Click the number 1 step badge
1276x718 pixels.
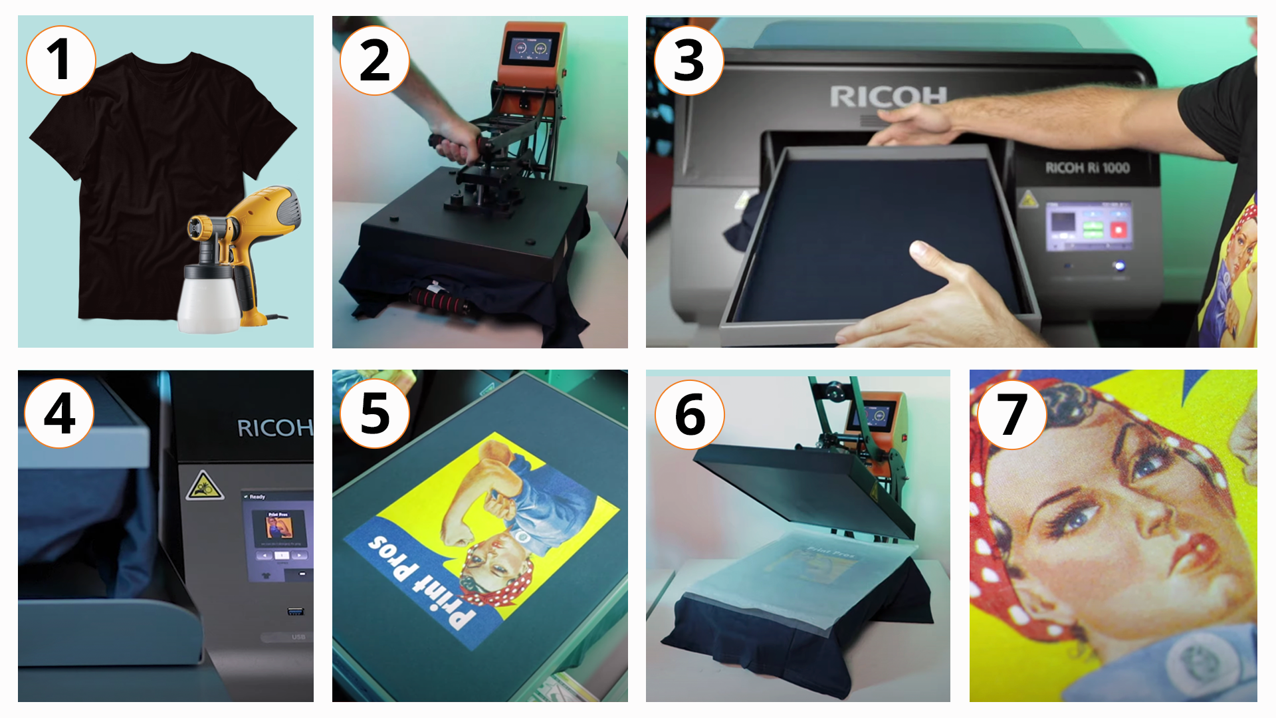click(60, 60)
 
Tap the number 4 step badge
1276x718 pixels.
click(59, 414)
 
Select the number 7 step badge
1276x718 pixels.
click(1011, 414)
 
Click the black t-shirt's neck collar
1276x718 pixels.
click(163, 60)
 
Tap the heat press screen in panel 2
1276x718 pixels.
click(530, 49)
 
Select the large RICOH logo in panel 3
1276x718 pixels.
click(888, 97)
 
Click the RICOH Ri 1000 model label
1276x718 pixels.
click(1087, 168)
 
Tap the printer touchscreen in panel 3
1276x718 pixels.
click(1088, 227)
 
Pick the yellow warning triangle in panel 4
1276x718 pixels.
click(204, 486)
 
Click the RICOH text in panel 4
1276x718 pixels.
click(274, 428)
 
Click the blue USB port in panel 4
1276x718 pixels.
click(295, 611)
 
